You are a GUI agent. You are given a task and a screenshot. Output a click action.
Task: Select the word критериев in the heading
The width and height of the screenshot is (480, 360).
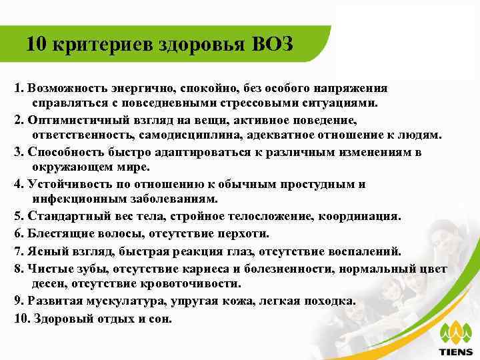coord(102,45)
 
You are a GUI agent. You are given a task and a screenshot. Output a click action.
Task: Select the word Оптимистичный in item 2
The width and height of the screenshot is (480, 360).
coord(72,120)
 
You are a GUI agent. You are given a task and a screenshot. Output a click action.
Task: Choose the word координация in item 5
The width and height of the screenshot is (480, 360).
coord(364,216)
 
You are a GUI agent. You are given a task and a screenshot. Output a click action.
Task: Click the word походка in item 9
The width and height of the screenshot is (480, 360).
coord(328,300)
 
